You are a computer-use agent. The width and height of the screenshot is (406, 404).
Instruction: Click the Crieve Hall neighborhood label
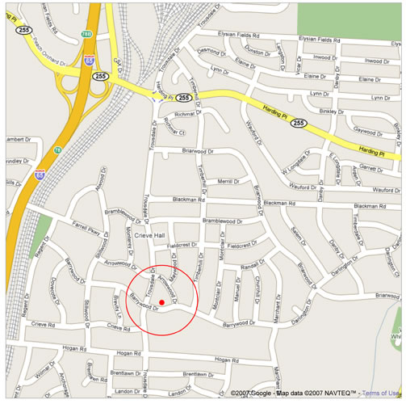pos(149,234)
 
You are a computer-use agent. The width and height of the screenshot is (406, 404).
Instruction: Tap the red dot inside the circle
pos(162,303)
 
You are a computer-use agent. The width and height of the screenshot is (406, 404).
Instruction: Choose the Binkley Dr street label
pos(332,112)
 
